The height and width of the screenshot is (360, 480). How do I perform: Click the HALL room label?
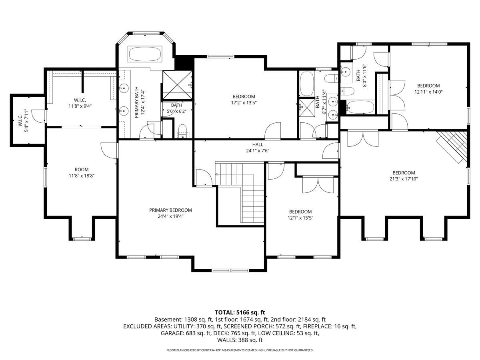point(258,144)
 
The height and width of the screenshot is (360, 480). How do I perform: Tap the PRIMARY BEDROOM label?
point(170,210)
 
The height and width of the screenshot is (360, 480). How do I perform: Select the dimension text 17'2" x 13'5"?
point(244,102)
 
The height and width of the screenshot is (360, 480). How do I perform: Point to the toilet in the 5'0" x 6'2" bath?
point(182,131)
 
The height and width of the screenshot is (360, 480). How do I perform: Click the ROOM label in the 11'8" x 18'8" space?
point(82,170)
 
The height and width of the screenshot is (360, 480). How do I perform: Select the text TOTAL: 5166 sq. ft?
point(240,312)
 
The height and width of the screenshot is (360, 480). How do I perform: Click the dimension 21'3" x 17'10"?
point(404,179)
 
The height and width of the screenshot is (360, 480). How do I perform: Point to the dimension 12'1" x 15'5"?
point(300,218)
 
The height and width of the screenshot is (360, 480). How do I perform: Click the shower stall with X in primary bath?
point(177,85)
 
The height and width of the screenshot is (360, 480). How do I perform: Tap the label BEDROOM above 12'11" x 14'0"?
point(428,86)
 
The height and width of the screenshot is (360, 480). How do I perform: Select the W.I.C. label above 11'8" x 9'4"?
point(80,100)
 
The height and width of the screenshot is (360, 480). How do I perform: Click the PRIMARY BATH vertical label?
point(137,102)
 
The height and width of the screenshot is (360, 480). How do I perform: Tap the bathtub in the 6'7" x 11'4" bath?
point(307,84)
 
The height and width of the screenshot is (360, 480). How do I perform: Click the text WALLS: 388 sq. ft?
point(240,340)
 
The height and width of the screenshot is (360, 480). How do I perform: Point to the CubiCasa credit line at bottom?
point(240,350)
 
